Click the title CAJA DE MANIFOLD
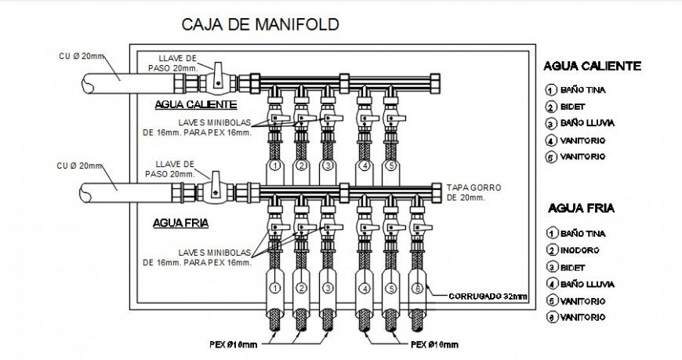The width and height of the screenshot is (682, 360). (x=260, y=24)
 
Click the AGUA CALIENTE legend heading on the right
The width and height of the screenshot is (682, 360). (x=592, y=67)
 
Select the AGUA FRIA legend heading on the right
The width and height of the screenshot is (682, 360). (x=581, y=209)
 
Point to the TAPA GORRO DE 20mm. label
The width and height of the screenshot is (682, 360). (x=473, y=193)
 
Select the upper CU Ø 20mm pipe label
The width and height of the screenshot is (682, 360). (x=81, y=56)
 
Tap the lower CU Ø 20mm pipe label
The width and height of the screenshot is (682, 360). (x=81, y=165)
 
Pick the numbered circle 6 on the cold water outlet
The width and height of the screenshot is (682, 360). (x=418, y=289)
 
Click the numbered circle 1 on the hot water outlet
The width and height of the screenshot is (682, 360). (x=275, y=166)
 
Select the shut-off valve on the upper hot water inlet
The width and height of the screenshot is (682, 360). (x=216, y=79)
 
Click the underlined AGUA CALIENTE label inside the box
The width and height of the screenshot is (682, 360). (x=195, y=104)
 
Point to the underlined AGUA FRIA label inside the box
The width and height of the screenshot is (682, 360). (x=180, y=223)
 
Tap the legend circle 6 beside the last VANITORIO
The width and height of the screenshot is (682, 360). (x=551, y=317)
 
